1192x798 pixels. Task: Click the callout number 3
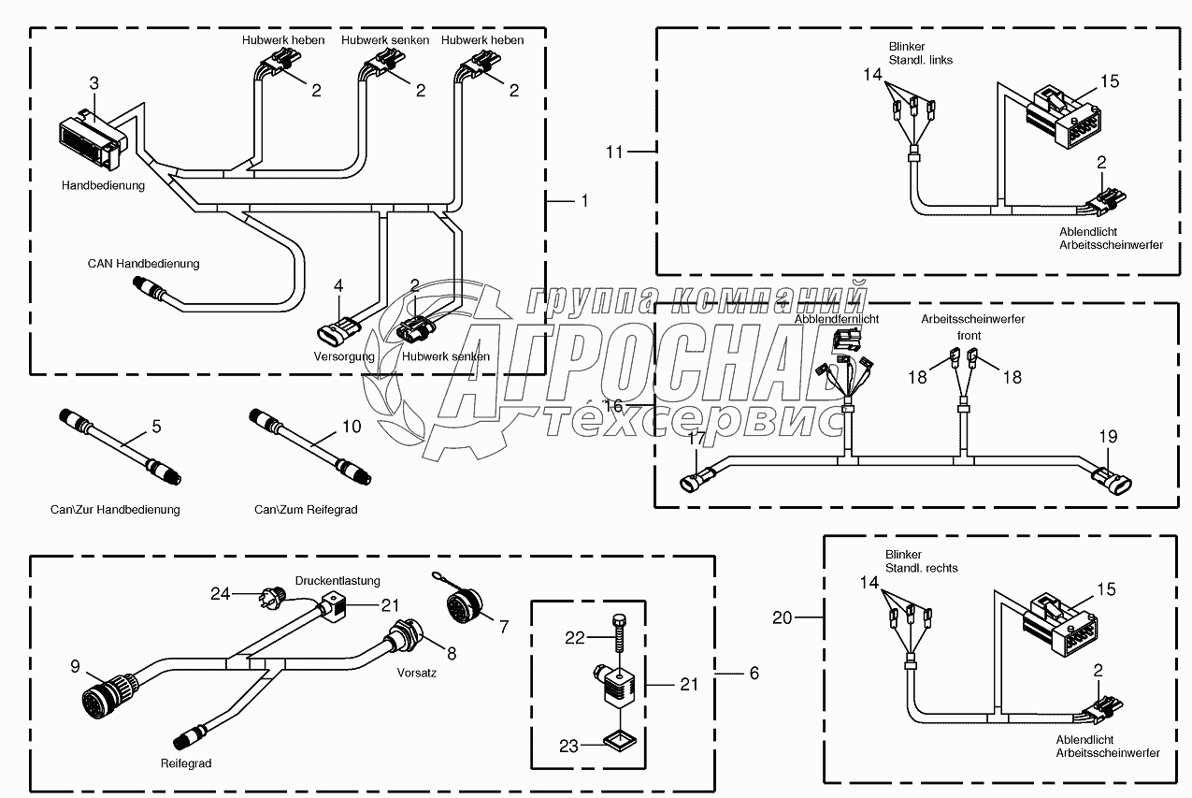point(93,83)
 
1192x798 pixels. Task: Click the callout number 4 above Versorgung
point(338,284)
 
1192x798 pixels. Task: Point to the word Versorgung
point(344,356)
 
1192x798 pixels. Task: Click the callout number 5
point(156,428)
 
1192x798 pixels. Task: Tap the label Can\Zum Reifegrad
point(306,510)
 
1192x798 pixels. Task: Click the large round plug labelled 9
point(106,696)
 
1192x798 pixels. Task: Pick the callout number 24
point(219,592)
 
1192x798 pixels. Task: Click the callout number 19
point(1107,437)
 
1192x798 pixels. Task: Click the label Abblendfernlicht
point(837,320)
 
